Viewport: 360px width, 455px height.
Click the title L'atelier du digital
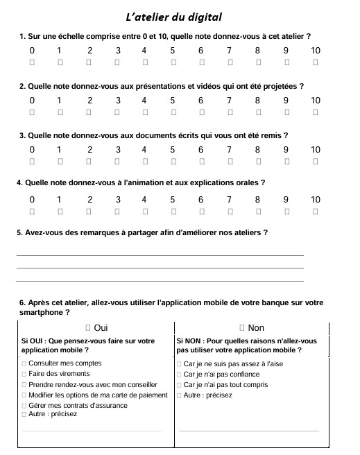174,16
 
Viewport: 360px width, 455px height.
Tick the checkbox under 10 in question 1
316,62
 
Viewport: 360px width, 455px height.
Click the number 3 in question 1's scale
118,51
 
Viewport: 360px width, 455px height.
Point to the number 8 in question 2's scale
257,101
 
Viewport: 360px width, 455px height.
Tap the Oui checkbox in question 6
88,327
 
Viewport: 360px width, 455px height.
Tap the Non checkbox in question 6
242,327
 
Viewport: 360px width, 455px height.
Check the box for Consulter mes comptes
24,363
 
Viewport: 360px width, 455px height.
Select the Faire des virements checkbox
24,374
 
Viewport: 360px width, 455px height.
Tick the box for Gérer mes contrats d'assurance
24,405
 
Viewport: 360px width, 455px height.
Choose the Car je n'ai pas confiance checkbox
180,374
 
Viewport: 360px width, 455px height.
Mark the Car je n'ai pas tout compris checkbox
180,384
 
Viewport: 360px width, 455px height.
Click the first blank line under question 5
160,256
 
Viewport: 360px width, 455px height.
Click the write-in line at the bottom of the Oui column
92,431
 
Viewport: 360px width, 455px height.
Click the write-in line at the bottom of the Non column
249,431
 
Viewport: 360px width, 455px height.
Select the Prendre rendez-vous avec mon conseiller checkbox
24,384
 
